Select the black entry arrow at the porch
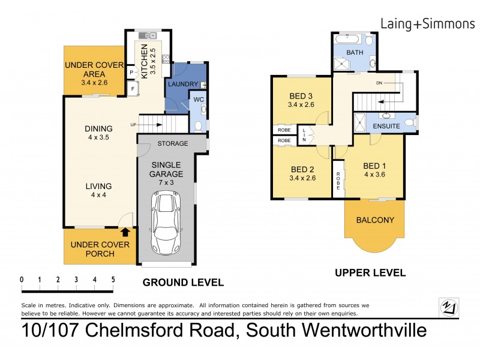[x=125, y=232]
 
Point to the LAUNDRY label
[x=182, y=84]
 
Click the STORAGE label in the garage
[x=173, y=143]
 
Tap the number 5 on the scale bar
[x=113, y=280]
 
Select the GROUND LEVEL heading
[x=182, y=283]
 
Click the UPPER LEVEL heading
[x=370, y=272]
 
